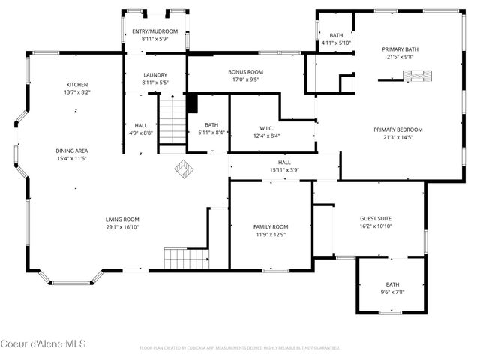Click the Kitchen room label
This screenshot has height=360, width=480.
coord(76,85)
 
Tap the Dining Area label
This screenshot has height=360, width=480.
coord(72,151)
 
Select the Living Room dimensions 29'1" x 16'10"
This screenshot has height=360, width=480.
coord(122,227)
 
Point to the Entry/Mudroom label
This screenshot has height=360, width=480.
coord(154,31)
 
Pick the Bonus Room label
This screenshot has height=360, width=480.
coord(246,72)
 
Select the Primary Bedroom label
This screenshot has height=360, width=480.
coord(397,129)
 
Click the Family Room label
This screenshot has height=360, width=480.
coord(270,226)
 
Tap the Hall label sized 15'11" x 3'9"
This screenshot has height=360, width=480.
coord(284,162)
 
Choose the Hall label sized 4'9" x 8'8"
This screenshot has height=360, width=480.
coord(141,125)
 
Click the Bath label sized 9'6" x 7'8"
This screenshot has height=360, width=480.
coord(392,284)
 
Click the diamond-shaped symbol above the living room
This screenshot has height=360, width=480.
coord(184,169)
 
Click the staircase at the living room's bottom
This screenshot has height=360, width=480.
coord(186,259)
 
